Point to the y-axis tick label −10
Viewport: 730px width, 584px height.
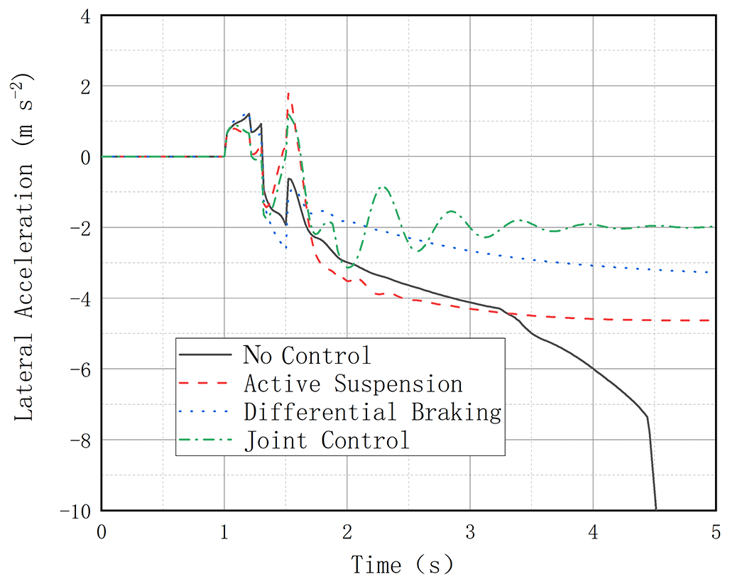(x=77, y=510)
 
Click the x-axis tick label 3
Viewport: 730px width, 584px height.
(x=470, y=532)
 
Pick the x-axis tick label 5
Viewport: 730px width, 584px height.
(x=715, y=532)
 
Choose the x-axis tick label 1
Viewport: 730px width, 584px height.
(x=224, y=532)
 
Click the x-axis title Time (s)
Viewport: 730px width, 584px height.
(x=402, y=565)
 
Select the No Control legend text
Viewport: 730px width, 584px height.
(x=307, y=354)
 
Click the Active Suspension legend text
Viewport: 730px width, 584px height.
(x=353, y=384)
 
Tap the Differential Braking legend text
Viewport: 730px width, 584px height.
(x=372, y=412)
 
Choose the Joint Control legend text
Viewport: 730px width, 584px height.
(x=327, y=440)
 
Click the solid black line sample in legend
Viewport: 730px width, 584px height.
(x=206, y=354)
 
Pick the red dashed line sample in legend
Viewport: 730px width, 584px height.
(x=206, y=383)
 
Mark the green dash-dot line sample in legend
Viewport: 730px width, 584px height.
(x=206, y=440)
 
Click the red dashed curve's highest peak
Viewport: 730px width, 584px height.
(x=288, y=93)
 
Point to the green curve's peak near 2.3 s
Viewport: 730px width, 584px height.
(x=383, y=187)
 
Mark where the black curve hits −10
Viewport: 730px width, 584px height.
(x=656, y=509)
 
